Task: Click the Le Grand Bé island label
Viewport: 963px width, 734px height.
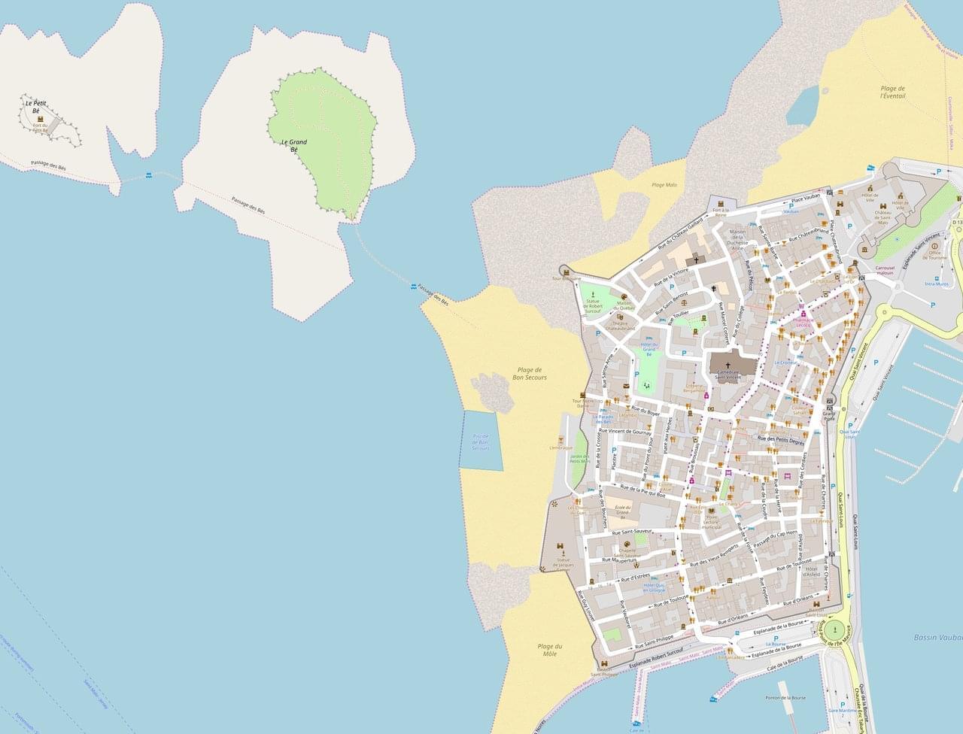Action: [293, 145]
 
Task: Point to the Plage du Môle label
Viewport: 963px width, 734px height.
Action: [550, 650]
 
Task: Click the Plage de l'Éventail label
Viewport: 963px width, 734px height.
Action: [892, 93]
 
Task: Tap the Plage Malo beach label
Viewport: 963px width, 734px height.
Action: [664, 184]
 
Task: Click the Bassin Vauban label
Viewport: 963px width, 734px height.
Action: [938, 637]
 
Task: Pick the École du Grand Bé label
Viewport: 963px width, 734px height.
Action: [621, 511]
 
